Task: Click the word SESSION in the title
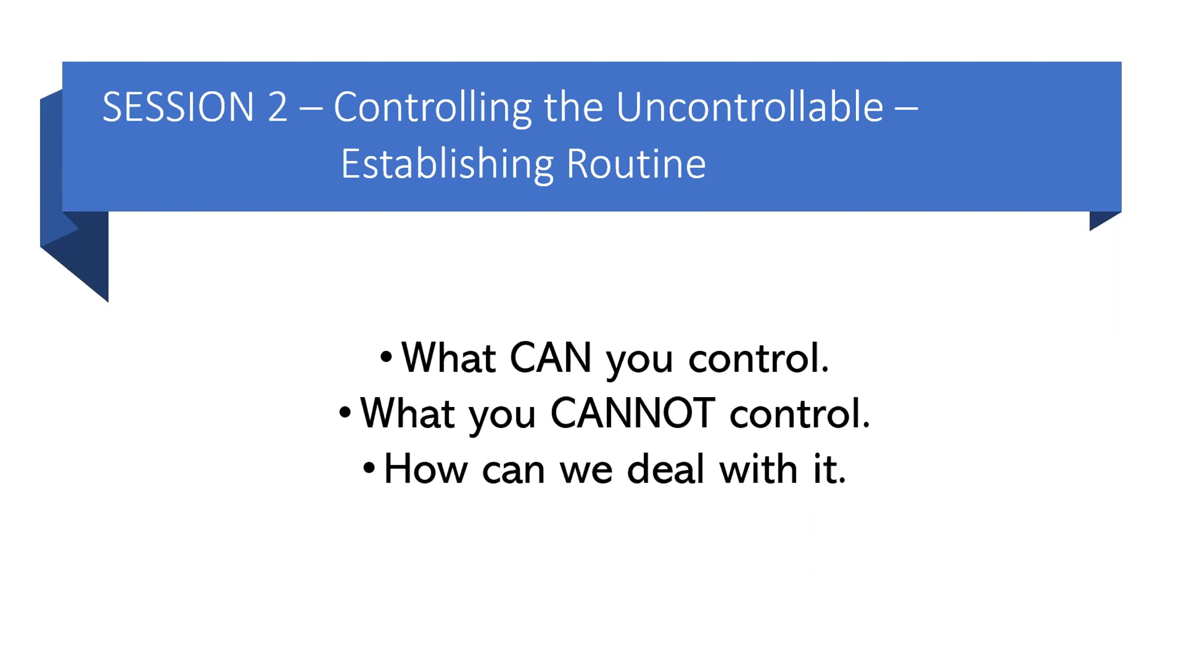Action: pos(178,107)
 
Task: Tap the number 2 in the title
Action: pos(277,107)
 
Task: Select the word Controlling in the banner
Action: pos(433,109)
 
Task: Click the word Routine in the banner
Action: pos(636,164)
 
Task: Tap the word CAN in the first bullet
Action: pos(550,358)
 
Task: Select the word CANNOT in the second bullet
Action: pos(632,413)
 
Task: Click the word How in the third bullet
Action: pos(426,469)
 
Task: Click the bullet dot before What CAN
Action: pos(386,356)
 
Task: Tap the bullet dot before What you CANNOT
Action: pos(345,412)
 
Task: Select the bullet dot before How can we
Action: pos(369,467)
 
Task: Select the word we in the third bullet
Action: pos(586,471)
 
